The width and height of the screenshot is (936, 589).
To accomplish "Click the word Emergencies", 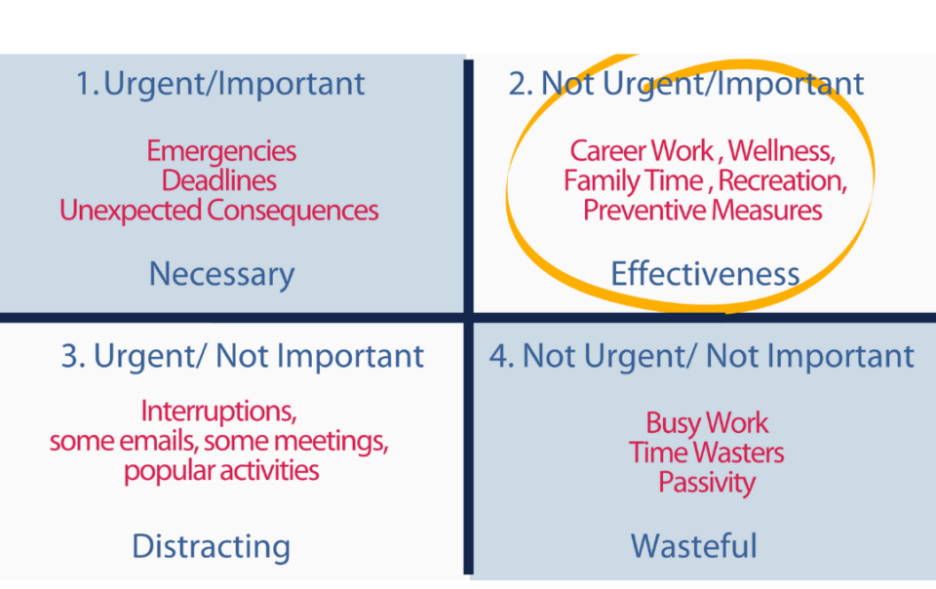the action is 221,151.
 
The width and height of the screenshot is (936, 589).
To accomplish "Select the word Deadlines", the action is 219,180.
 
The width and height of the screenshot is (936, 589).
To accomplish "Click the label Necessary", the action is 221,274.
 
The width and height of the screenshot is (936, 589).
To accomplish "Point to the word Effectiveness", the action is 705,274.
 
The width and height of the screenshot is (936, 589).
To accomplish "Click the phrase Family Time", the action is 634,180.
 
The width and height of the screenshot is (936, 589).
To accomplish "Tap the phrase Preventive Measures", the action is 703,211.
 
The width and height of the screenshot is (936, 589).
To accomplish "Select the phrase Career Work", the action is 642,150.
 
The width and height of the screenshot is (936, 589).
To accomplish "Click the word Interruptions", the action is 218,412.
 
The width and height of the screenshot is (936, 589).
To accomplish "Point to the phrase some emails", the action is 123,442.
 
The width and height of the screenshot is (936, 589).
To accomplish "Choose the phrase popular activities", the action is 221,471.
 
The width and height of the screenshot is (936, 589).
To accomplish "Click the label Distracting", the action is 212,547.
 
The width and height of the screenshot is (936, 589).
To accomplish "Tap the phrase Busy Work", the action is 707,423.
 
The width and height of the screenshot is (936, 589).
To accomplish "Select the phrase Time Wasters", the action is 706,452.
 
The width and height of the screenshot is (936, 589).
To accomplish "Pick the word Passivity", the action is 707,483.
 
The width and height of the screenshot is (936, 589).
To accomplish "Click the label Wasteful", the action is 693,546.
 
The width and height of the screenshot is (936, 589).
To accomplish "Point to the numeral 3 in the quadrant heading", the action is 70,357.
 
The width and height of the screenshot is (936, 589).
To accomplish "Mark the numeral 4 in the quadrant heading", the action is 499,357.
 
